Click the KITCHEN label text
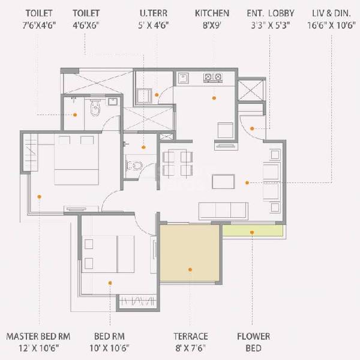point(212,12)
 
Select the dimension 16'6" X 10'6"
point(330,25)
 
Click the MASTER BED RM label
point(39,336)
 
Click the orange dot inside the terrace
point(190,269)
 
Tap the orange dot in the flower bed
point(252,231)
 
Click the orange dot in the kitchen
point(213,97)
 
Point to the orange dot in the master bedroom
point(39,196)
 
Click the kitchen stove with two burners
point(212,77)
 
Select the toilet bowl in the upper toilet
point(95,109)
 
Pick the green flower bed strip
point(252,230)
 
